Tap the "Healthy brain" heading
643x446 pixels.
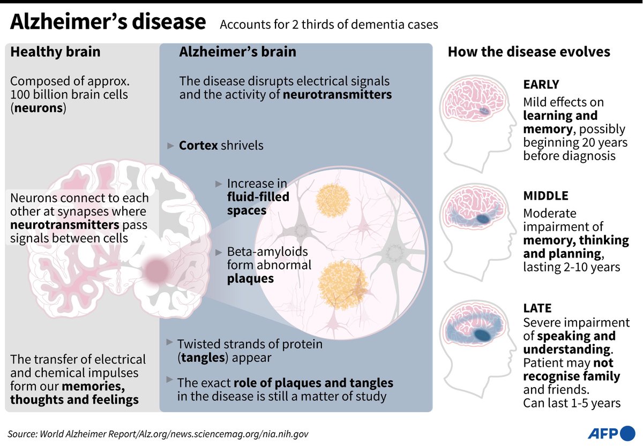coord(55,52)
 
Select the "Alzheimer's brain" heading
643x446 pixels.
coord(237,52)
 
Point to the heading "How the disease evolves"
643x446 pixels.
coord(529,52)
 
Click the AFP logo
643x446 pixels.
coord(611,433)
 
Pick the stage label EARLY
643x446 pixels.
coord(541,85)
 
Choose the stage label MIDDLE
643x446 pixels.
coord(545,196)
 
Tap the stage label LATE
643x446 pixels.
coord(537,308)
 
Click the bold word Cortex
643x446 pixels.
coord(198,146)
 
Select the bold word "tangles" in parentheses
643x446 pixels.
coord(201,357)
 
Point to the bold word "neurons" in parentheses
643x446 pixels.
coord(38,108)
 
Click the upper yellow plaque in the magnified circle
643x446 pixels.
coord(333,200)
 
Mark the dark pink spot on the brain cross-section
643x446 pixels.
coord(157,270)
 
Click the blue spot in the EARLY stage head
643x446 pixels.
coord(483,111)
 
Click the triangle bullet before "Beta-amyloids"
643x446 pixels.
coord(219,252)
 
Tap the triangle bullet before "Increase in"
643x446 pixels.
coord(219,183)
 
